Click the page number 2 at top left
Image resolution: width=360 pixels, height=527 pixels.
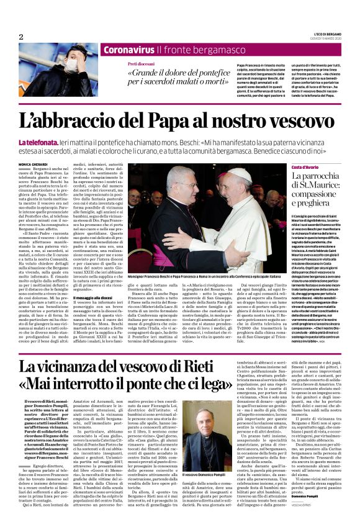(x=21, y=37)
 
